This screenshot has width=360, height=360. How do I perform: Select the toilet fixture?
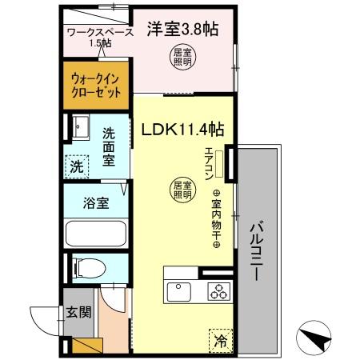pos(87,266)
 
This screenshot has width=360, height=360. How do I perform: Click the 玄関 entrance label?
pos(77,311)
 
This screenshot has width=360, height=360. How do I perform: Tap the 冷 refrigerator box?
pos(220,340)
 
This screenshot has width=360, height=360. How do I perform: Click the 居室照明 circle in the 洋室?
pos(183,57)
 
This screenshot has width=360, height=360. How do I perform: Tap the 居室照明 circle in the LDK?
pos(182,190)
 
